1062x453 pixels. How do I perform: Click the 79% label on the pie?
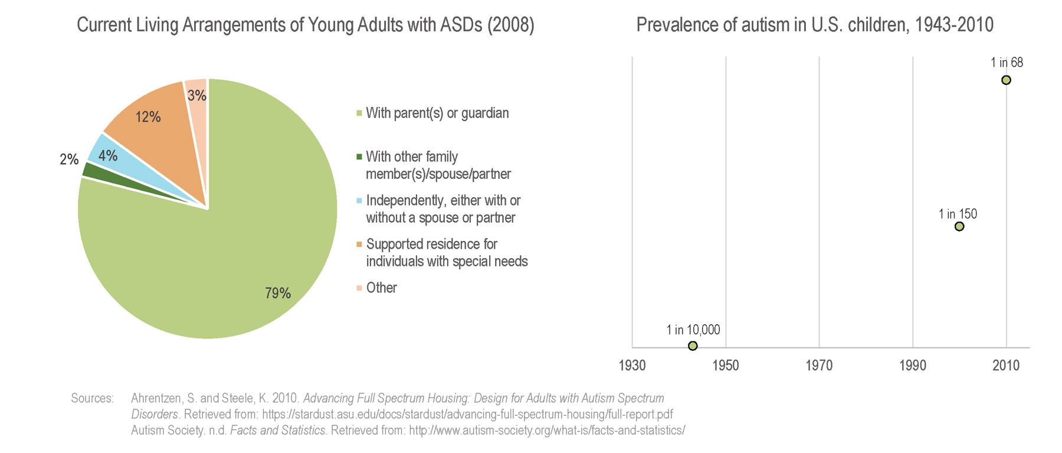click(278, 293)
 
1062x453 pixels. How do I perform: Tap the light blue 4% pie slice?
click(106, 155)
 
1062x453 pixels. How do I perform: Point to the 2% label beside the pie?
click(69, 159)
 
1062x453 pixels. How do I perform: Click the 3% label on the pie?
click(197, 95)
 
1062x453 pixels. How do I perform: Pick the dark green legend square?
click(359, 157)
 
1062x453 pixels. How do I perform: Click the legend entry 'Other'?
click(381, 288)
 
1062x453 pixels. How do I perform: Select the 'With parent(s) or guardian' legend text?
click(437, 113)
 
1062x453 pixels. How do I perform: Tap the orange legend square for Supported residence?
click(359, 245)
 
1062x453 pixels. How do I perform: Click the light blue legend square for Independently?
click(359, 201)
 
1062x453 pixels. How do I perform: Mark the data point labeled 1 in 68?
click(1006, 80)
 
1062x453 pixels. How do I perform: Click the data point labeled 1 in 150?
click(959, 227)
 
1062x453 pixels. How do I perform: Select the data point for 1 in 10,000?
click(693, 346)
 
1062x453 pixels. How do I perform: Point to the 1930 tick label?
click(632, 366)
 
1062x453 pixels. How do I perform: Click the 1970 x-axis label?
click(819, 366)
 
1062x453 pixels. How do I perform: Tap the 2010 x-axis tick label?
click(1006, 366)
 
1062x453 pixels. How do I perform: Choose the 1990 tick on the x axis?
click(913, 366)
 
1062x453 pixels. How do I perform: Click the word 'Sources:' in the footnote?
click(92, 398)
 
